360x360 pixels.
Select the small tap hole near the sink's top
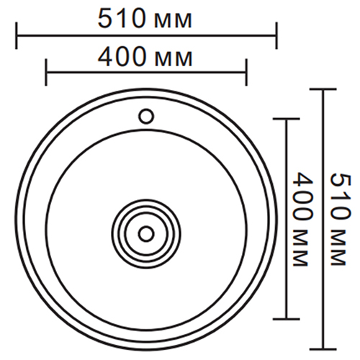click(146, 115)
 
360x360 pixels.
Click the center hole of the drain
click(146, 233)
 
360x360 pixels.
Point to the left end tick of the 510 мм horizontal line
click(16, 33)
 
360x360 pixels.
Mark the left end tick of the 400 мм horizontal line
click(46, 72)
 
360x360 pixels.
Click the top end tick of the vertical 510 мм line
click(323, 89)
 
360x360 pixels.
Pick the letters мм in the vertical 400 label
click(302, 246)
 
